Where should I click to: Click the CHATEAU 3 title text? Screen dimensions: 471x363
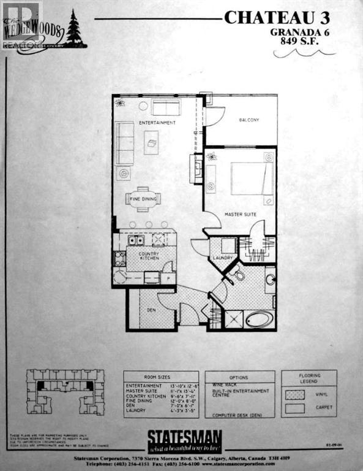277,17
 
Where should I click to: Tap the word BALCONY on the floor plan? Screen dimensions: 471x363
249,120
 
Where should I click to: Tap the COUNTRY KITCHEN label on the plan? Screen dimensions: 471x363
148,256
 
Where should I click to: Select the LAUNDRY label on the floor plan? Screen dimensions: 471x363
223,258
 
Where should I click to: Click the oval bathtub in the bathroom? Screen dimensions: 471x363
260,320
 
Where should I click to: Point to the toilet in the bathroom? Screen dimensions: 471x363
238,275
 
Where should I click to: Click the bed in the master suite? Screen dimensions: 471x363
247,178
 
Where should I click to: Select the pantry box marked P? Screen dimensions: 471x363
168,278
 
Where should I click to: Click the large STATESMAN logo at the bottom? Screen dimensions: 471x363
184,439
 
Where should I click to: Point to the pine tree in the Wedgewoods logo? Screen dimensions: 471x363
75,29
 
